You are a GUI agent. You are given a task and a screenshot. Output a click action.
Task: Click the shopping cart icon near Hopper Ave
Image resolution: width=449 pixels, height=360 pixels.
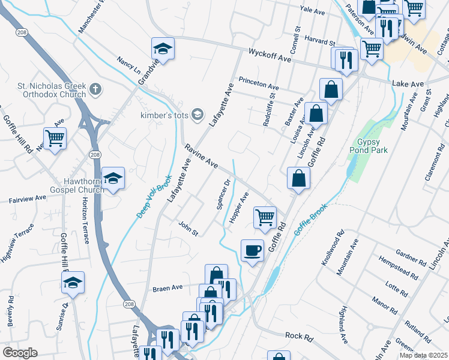pos(265,217)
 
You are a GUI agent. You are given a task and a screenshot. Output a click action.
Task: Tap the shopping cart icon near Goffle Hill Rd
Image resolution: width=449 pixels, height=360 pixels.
pos(55,139)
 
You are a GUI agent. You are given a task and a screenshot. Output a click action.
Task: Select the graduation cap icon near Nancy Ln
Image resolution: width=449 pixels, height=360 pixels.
pos(162,49)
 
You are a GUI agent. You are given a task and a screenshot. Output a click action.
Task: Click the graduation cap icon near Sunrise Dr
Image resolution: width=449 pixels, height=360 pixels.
pos(73,283)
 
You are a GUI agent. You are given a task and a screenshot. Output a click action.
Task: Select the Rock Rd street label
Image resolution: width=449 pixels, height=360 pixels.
pos(299,338)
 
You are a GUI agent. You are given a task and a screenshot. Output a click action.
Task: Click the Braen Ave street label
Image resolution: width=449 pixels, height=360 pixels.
pos(167,287)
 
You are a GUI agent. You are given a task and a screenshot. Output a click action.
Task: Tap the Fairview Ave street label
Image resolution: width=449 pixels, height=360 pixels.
pos(27,198)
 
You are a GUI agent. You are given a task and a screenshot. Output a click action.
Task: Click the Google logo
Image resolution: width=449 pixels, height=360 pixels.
pos(20,353)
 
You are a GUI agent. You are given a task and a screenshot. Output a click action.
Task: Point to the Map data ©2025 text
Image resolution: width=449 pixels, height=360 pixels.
pos(423,355)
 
